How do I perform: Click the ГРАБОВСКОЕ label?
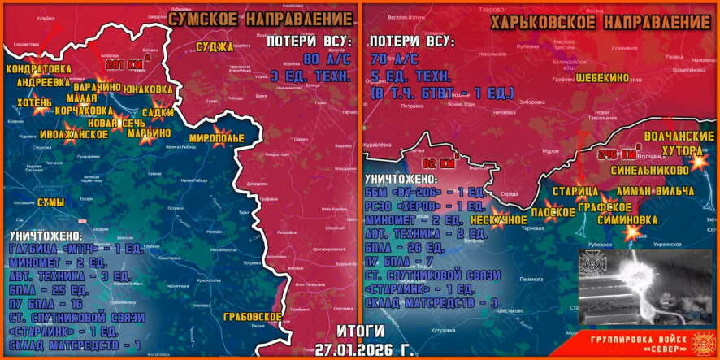[254, 316]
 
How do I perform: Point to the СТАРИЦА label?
[574, 192]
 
